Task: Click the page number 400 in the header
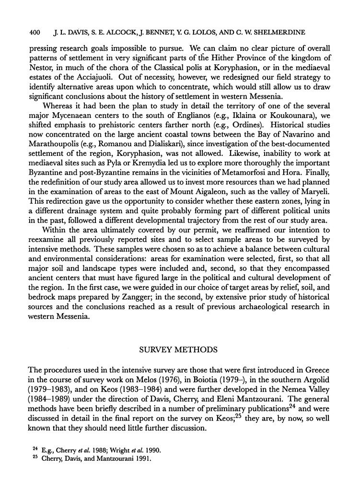pos(35,33)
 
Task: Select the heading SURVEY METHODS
pos(180,350)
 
